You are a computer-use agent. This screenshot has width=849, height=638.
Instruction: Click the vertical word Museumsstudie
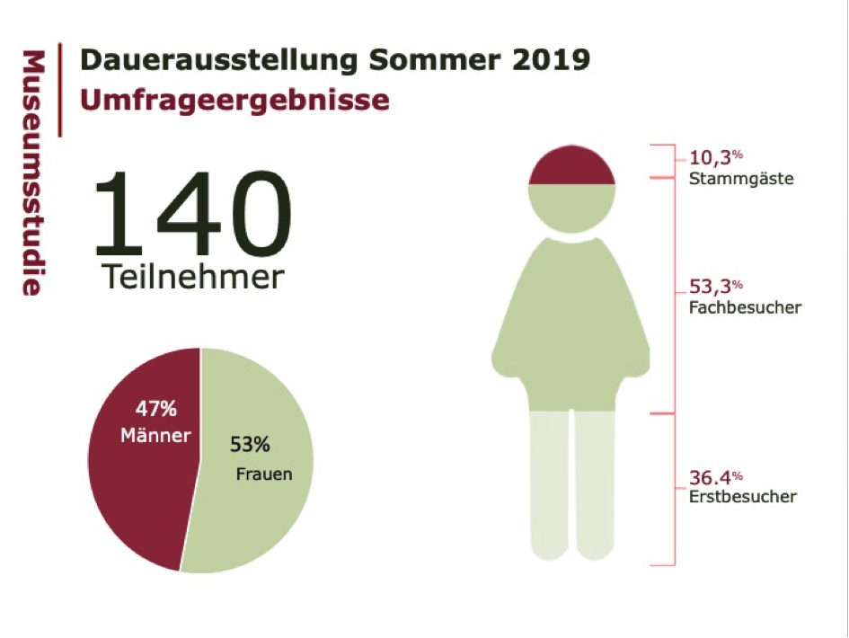[x=33, y=173]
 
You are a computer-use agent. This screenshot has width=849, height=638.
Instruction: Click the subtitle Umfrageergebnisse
[x=234, y=100]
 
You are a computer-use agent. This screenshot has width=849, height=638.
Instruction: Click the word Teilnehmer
[x=192, y=276]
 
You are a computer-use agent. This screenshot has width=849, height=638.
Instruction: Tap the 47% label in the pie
[x=156, y=410]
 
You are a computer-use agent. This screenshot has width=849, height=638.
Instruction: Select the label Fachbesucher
[x=745, y=308]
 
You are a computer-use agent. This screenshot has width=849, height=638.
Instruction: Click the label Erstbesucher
[x=742, y=497]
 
